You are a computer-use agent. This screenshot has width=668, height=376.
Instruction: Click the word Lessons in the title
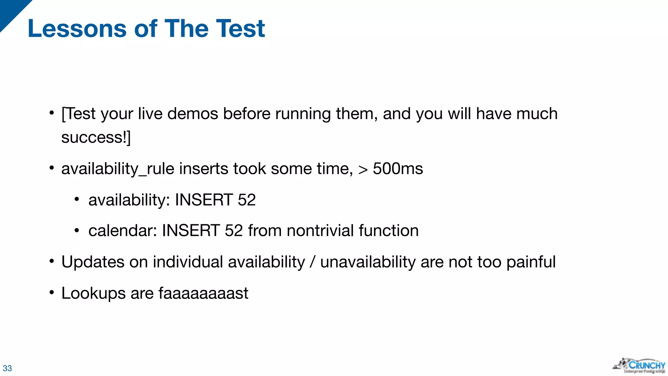[x=77, y=29]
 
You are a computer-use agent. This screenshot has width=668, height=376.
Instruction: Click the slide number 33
[x=7, y=368]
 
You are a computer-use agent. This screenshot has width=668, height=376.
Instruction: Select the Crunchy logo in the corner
[x=639, y=366]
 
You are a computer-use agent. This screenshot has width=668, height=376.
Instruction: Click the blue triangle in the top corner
[x=11, y=11]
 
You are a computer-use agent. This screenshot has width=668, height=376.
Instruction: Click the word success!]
[x=96, y=137]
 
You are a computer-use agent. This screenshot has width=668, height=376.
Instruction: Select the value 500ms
[x=398, y=169]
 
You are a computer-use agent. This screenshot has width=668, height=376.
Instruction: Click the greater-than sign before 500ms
[x=363, y=170]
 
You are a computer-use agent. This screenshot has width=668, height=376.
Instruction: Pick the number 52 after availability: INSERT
[x=247, y=200]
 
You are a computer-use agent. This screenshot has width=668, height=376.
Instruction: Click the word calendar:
[x=123, y=231]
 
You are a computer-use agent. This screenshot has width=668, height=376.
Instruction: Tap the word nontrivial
[x=320, y=231]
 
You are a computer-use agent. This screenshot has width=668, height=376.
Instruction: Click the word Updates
[x=93, y=262]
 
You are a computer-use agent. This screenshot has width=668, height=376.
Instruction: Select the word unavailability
[x=368, y=262]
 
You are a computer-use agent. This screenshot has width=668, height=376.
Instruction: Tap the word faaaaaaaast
[x=203, y=293]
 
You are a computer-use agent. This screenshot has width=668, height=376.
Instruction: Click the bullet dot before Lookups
[x=52, y=292]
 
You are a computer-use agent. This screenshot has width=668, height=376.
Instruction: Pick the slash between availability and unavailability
[x=312, y=262]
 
